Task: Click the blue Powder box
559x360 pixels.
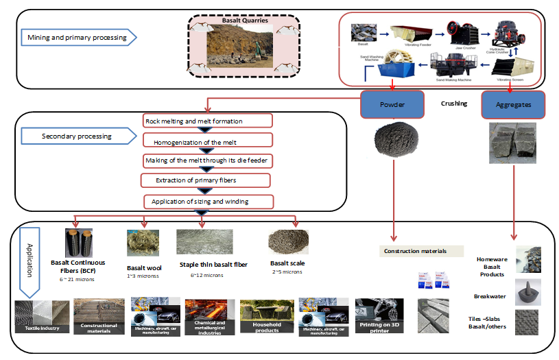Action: click(x=392, y=105)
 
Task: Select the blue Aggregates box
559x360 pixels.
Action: click(x=514, y=105)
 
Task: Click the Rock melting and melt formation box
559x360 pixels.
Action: click(x=208, y=121)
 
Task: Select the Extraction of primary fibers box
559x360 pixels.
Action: click(x=205, y=181)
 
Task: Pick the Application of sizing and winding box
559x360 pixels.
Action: click(x=208, y=202)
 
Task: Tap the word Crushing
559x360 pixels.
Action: click(x=453, y=104)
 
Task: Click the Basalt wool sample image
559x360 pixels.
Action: click(x=143, y=243)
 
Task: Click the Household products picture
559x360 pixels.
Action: click(x=266, y=316)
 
